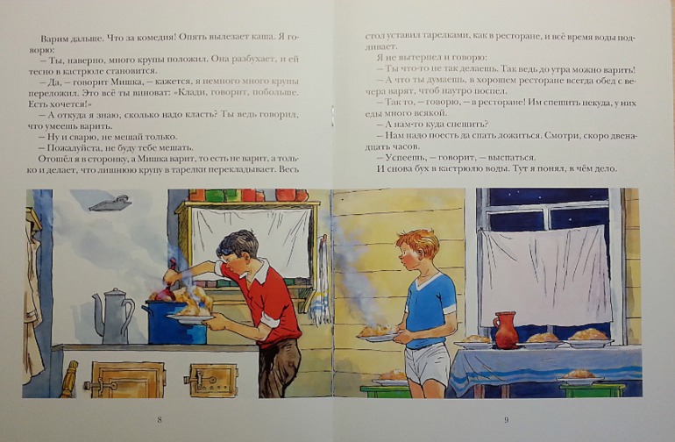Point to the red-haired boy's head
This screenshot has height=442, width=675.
[412, 250]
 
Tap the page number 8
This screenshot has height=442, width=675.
[159, 421]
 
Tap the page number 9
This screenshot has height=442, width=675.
[506, 421]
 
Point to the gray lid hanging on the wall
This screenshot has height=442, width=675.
[110, 204]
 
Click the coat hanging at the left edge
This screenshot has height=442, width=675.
[32, 298]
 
